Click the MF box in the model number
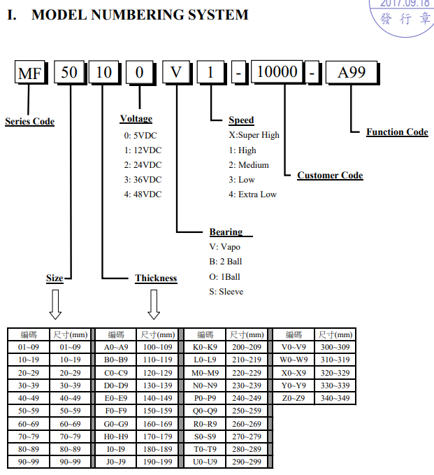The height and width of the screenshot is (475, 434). coord(30,73)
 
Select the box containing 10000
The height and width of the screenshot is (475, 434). coord(277,72)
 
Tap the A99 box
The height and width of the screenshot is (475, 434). coord(352,72)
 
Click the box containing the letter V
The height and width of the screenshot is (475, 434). coord(178,73)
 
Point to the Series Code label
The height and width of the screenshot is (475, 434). coord(29,122)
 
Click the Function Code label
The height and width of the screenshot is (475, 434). coord(397,132)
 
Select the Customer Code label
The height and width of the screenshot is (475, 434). coord(330,176)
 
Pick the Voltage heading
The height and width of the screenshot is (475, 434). coord(136,119)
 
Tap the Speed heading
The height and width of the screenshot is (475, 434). coord(241,120)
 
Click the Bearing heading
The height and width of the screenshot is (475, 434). coord(226,232)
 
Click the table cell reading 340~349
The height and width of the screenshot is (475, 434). coord(334,399)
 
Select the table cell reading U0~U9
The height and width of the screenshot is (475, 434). coord(205,462)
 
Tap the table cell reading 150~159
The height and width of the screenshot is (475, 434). coord(157,411)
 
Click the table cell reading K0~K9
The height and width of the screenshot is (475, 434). coord(205,347)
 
